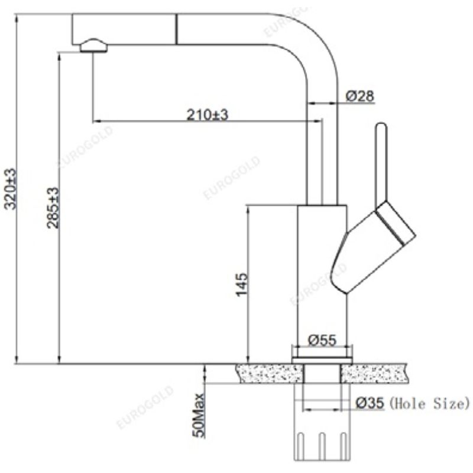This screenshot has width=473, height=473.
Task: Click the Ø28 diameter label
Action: tap(359, 96)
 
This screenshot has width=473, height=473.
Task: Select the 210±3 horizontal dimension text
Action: tap(208, 115)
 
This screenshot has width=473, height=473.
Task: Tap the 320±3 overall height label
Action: tap(11, 189)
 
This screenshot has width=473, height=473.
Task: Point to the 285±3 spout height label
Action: tap(53, 208)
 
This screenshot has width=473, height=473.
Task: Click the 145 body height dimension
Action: tap(241, 285)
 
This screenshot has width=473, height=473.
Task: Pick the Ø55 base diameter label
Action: tap(322, 341)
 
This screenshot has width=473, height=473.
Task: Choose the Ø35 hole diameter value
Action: tap(370, 403)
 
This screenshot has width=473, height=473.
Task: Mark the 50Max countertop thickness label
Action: tap(199, 416)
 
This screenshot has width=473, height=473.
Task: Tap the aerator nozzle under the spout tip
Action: tap(93, 46)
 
